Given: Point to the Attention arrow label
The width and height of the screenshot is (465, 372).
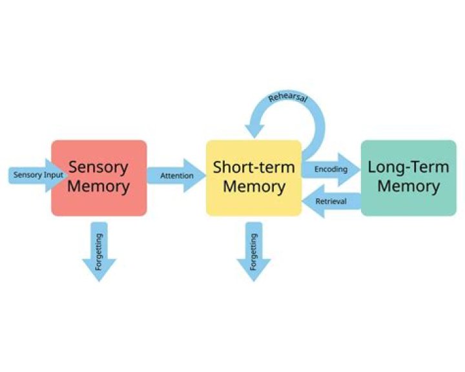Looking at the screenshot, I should coord(176,176).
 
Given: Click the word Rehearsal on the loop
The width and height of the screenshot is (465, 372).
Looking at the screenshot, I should coord(289,100).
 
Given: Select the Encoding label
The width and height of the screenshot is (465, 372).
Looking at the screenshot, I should coord(331,169).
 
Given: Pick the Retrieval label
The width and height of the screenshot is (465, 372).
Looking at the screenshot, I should coord(331,201).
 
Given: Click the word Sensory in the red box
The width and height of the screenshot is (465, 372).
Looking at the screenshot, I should coord(99,167).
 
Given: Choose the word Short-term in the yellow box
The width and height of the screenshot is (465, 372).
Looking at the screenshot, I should coord(254,167).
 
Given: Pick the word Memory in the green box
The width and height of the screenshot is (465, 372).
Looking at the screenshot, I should coord(408,187).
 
